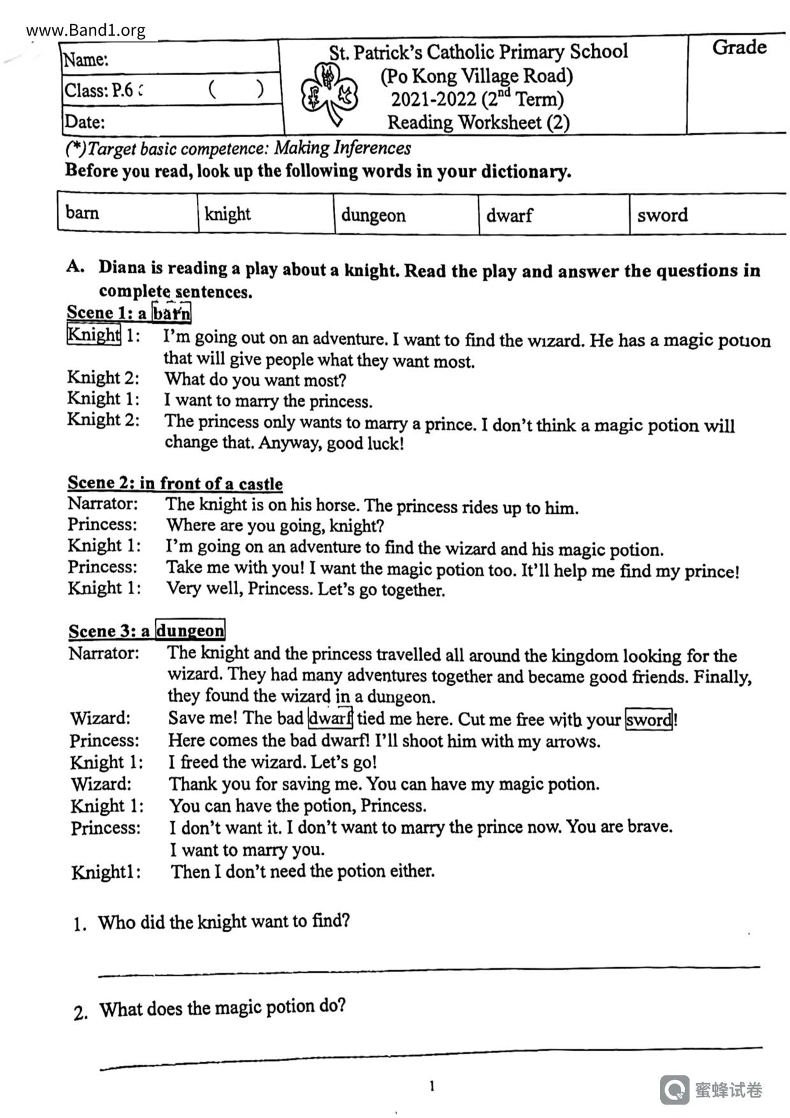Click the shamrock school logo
pyautogui.click(x=329, y=92)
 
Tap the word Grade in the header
pyautogui.click(x=739, y=47)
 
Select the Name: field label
pyautogui.click(x=85, y=59)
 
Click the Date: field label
pyautogui.click(x=84, y=121)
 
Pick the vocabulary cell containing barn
pyautogui.click(x=127, y=212)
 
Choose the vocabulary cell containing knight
pyautogui.click(x=265, y=214)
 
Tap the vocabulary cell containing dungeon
pyautogui.click(x=406, y=215)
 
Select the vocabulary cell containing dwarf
pyautogui.click(x=553, y=215)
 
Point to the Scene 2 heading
pyautogui.click(x=175, y=483)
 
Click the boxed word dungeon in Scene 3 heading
pyautogui.click(x=190, y=630)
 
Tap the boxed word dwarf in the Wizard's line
pyautogui.click(x=330, y=718)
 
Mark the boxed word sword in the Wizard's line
pyautogui.click(x=649, y=720)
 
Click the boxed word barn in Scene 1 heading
pyautogui.click(x=171, y=313)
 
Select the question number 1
pyautogui.click(x=79, y=924)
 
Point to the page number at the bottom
pyautogui.click(x=432, y=1086)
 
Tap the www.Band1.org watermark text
pyautogui.click(x=86, y=30)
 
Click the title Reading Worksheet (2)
pyautogui.click(x=478, y=122)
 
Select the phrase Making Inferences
pyautogui.click(x=342, y=148)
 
